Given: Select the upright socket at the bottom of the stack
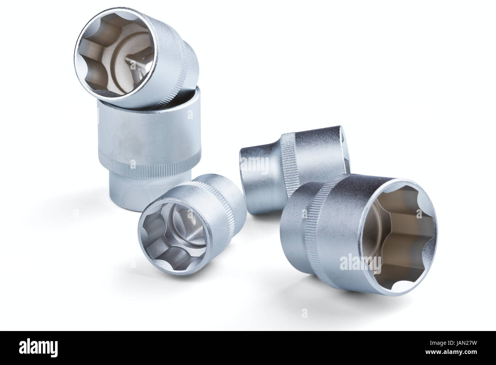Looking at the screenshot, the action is (x=150, y=149).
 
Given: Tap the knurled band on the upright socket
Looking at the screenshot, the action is (x=150, y=166).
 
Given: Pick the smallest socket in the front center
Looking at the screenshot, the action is (x=192, y=224).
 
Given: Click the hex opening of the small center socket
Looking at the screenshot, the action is (x=174, y=237).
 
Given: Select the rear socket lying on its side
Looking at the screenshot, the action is (x=295, y=170).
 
